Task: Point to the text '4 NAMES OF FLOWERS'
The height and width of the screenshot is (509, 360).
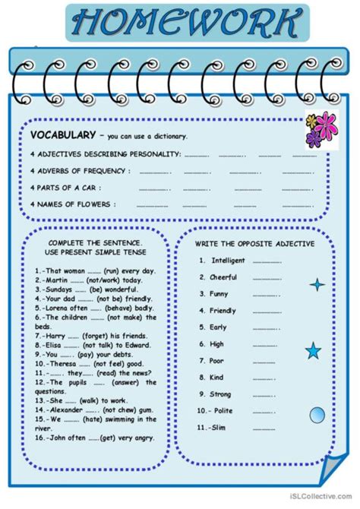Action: pos(73,204)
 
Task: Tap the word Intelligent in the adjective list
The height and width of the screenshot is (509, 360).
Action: pos(229,261)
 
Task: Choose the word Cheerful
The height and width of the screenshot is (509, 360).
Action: pos(224,277)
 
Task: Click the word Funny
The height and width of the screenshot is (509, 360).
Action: pos(220,294)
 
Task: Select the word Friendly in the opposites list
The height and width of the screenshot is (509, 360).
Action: pos(223,311)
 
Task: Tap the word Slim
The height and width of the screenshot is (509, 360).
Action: pos(219,428)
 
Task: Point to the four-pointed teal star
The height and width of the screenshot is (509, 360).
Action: pos(317,285)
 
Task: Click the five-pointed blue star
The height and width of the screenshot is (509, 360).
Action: pos(313,351)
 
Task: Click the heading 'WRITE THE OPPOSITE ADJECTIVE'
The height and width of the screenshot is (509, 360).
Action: pos(253,242)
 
